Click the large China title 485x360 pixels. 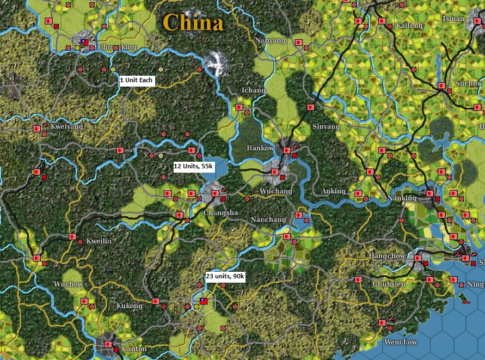pos(193,23)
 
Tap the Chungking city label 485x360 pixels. pos(117,47)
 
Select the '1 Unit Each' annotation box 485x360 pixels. pos(137,80)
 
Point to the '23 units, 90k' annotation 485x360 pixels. pos(225,277)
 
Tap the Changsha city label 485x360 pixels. pos(221,212)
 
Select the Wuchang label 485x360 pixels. pos(276,191)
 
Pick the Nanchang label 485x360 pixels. pos(268,219)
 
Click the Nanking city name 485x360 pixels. pos(402,199)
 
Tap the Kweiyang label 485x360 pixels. pos(66,126)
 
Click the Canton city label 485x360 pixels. pos(134,349)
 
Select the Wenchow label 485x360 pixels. pos(400,342)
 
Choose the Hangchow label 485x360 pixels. pos(386,255)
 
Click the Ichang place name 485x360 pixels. pos(253,90)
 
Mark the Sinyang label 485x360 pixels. pos(326,126)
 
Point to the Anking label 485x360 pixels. pos(333,191)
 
